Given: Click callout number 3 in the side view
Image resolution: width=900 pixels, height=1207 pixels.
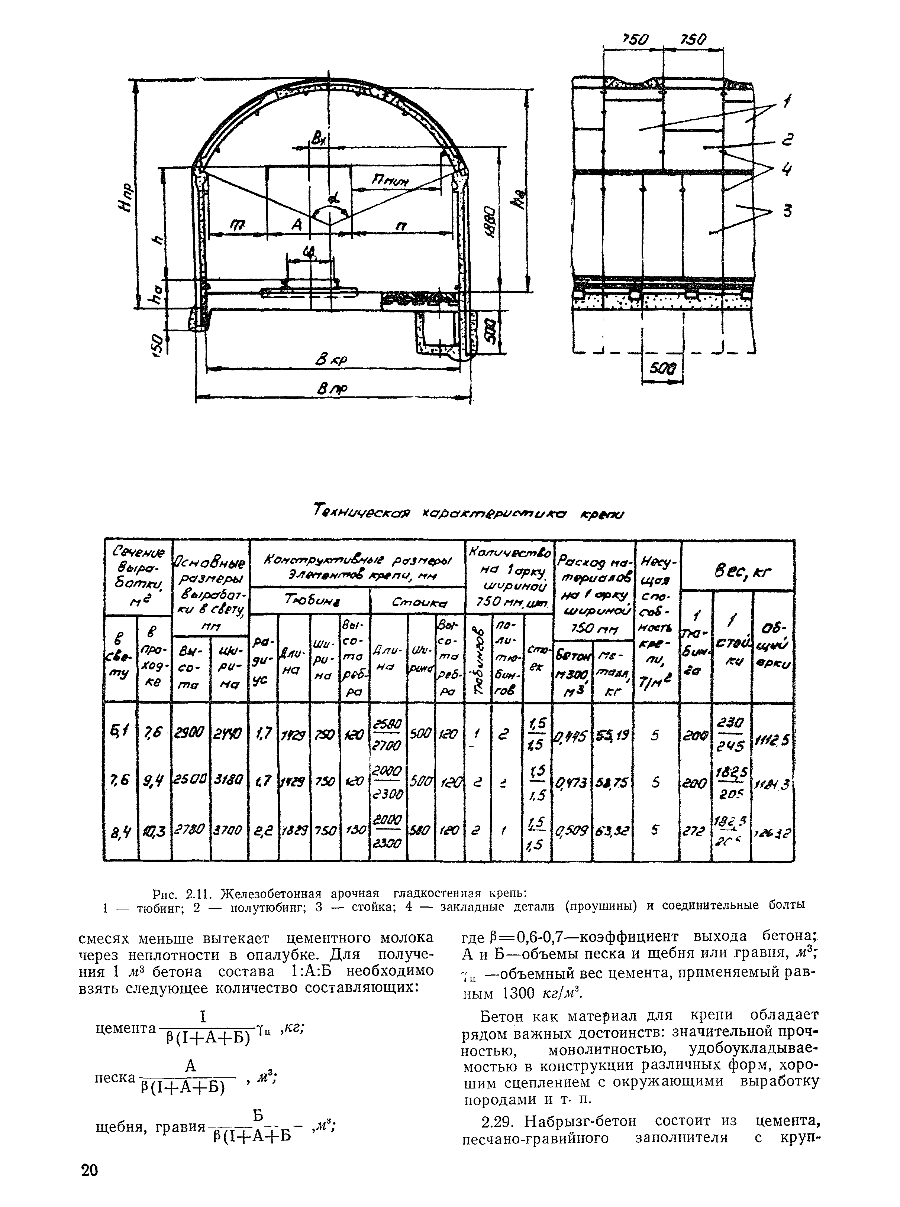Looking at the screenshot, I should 786,211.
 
